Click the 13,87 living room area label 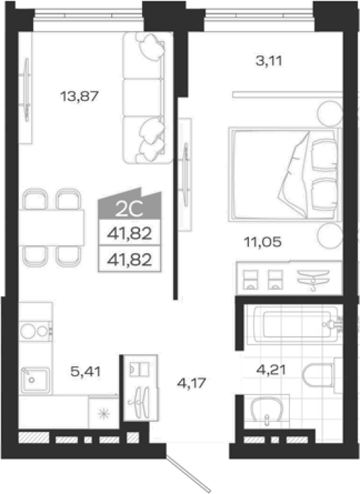(x=79, y=96)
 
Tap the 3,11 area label (x=269, y=61)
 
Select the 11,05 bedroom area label (x=263, y=242)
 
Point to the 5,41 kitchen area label (x=85, y=371)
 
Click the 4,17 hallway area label (x=191, y=383)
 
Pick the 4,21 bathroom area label (x=271, y=369)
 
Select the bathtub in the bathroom (x=294, y=325)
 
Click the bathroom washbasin (x=267, y=410)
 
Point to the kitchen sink (x=35, y=380)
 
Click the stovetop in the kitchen (x=35, y=331)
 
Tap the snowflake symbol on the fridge (x=103, y=413)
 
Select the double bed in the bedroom (x=284, y=175)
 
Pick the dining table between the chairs (x=51, y=227)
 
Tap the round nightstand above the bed (x=330, y=113)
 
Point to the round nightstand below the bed (x=330, y=236)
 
